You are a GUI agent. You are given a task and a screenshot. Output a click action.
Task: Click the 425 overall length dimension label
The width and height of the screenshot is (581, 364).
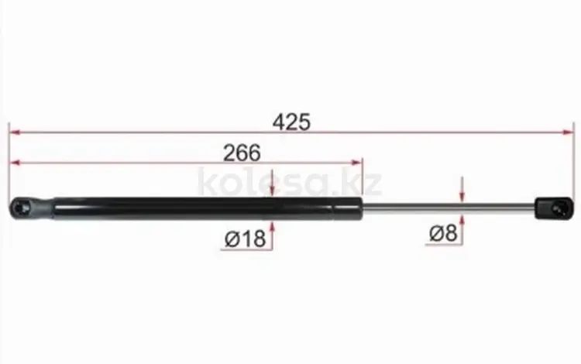click(x=291, y=122)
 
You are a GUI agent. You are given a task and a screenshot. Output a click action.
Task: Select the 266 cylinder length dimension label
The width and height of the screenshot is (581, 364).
click(x=242, y=153)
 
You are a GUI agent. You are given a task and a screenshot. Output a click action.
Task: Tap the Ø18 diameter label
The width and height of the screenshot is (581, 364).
click(x=246, y=239)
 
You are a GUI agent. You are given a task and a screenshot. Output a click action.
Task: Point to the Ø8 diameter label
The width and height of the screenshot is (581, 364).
click(x=443, y=234)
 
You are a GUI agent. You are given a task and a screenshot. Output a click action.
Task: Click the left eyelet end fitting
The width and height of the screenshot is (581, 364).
click(x=32, y=208)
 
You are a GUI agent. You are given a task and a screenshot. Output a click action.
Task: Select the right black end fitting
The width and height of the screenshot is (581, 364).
click(x=555, y=208)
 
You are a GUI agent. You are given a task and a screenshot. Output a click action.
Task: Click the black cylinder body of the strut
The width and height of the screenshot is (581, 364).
click(x=208, y=209)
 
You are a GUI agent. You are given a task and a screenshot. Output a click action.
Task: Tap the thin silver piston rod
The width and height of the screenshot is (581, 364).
click(x=449, y=208)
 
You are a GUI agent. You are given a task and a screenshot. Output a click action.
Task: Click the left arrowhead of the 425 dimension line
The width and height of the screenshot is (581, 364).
click(x=15, y=132)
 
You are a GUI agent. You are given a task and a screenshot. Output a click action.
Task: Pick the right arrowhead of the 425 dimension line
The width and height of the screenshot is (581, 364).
click(x=569, y=132)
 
